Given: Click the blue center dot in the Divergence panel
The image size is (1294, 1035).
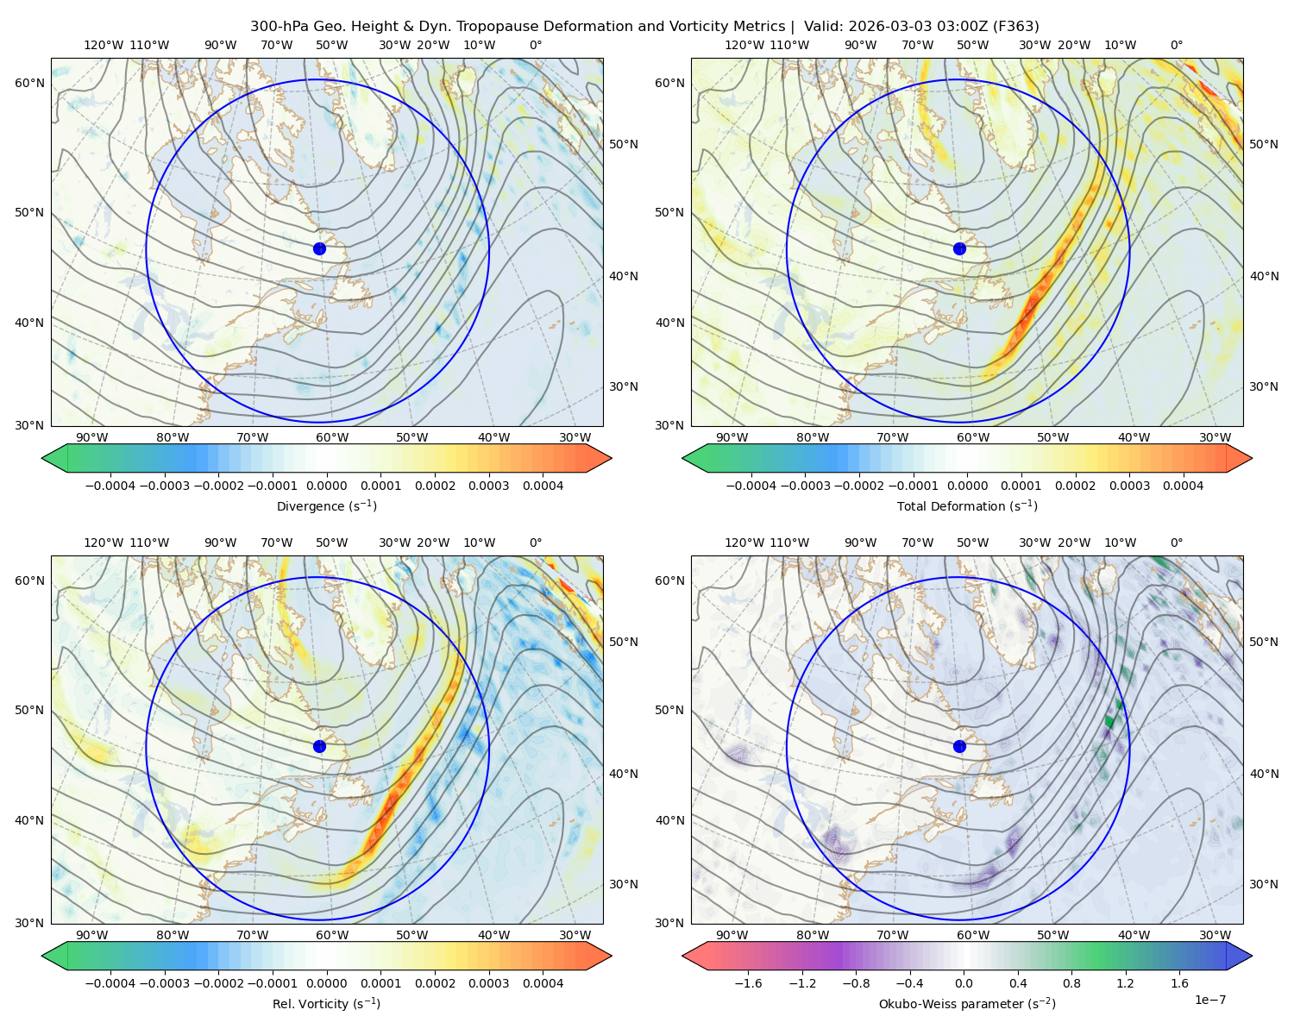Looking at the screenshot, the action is pyautogui.click(x=319, y=249).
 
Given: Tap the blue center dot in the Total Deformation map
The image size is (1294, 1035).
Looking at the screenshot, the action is pyautogui.click(x=959, y=249).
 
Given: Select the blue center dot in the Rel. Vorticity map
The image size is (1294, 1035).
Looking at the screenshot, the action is pyautogui.click(x=319, y=746).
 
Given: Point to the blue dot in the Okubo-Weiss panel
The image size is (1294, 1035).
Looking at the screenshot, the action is pyautogui.click(x=959, y=746).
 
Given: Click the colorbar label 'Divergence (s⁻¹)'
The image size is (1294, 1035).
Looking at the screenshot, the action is pyautogui.click(x=326, y=506).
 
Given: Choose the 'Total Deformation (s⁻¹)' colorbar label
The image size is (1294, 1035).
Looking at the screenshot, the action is pyautogui.click(x=967, y=506).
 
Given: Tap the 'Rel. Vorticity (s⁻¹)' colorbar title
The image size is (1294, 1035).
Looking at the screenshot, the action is pyautogui.click(x=326, y=1004).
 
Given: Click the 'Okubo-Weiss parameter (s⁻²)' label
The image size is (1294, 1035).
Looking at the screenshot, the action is pyautogui.click(x=967, y=1004).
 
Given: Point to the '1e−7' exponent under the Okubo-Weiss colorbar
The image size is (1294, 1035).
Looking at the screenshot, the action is pyautogui.click(x=1209, y=1000).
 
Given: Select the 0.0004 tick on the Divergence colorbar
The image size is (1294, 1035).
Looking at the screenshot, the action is pyautogui.click(x=543, y=486).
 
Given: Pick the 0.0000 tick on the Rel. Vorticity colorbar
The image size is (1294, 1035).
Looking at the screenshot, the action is pyautogui.click(x=326, y=983).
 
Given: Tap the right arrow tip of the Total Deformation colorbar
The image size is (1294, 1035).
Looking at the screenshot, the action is pyautogui.click(x=1252, y=459).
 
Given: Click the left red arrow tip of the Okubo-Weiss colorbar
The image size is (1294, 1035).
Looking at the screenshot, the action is pyautogui.click(x=682, y=957).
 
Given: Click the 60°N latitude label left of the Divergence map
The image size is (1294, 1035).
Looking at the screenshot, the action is pyautogui.click(x=29, y=83).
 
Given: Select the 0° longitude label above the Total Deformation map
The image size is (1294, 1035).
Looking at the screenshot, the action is pyautogui.click(x=1176, y=45).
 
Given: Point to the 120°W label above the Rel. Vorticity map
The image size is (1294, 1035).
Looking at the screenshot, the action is pyautogui.click(x=104, y=543).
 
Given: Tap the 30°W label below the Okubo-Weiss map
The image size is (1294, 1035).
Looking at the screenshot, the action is pyautogui.click(x=1215, y=935).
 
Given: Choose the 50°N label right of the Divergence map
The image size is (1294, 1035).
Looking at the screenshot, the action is pyautogui.click(x=624, y=144).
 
